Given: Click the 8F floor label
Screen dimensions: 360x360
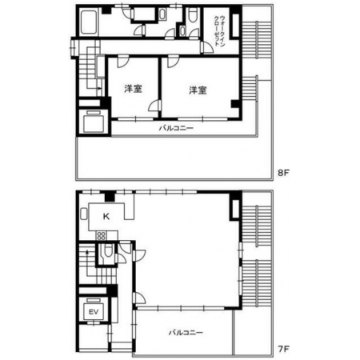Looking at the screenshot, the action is (283, 173).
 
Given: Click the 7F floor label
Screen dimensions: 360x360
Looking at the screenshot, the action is (283, 349).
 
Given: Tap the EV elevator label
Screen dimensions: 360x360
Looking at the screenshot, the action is (94, 312).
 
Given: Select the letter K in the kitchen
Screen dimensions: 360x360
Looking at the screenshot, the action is (106, 216).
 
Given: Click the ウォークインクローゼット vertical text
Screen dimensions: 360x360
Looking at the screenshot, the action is (219, 31).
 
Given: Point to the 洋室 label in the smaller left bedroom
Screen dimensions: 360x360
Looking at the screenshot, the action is (133, 89).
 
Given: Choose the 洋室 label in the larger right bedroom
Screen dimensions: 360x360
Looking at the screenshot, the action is (198, 90).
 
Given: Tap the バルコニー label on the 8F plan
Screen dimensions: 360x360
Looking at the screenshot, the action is (176, 128).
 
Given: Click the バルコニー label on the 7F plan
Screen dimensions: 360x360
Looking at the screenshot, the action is (186, 333).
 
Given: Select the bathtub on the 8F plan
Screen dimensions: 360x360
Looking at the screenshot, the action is (89, 22).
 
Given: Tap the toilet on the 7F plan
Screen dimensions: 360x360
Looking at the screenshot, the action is (107, 250).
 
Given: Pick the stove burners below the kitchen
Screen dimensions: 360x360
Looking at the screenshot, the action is (102, 236).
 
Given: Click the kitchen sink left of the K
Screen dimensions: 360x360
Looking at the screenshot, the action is (83, 214).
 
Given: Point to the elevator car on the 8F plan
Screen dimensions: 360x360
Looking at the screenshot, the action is (93, 122).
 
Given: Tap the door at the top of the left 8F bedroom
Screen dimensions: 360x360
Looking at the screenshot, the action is (123, 62).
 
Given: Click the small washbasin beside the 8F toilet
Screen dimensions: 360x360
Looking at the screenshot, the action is (182, 31).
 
